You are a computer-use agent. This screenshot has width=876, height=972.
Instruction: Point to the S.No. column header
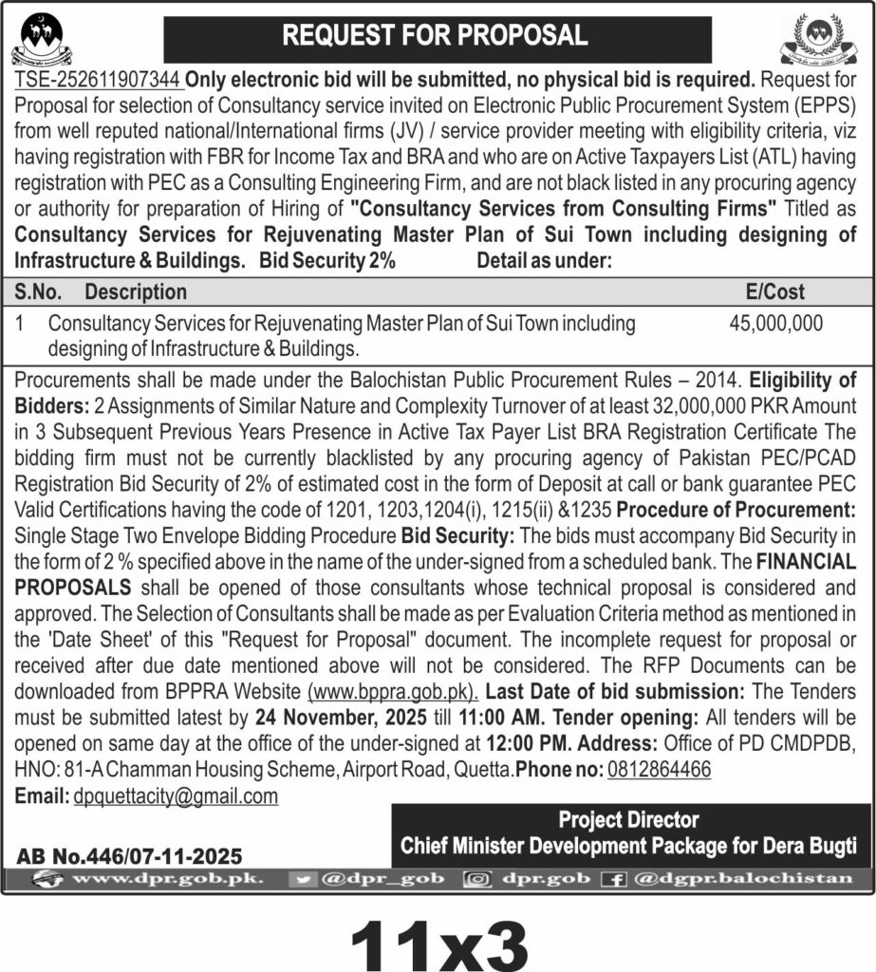point(39,291)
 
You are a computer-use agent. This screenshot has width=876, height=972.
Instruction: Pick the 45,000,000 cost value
point(776,323)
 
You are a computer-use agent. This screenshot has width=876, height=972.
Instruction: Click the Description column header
point(136,291)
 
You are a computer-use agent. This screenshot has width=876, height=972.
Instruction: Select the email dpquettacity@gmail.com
point(176,796)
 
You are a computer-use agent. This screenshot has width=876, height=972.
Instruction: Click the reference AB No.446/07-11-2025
point(129,856)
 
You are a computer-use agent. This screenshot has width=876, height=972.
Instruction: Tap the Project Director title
point(628,820)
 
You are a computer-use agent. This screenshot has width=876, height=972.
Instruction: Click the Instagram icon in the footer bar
point(476,880)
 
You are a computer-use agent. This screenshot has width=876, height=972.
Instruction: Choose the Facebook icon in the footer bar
point(615,880)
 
